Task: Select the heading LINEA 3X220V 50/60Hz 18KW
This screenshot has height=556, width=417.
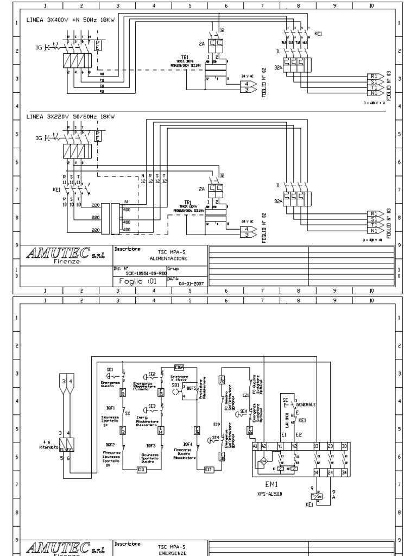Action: (x=71, y=116)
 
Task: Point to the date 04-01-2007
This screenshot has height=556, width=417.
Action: (x=189, y=283)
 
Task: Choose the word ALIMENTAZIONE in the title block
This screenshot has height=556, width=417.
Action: (x=172, y=260)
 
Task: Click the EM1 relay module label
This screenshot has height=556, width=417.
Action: (x=271, y=484)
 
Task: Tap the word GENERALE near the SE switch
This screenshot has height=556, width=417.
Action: (x=306, y=405)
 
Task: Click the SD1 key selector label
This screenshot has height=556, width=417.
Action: (x=175, y=385)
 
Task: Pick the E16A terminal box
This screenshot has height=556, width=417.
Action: (x=180, y=367)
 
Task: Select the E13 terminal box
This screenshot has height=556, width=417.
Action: (x=141, y=469)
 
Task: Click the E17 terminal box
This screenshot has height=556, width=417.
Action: (x=208, y=469)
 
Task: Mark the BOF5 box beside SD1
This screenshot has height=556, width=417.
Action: (x=191, y=388)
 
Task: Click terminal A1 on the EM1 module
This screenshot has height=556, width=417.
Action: (x=255, y=445)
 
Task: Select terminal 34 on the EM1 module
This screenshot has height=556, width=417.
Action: (x=344, y=472)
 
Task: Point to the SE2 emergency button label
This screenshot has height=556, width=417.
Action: (x=152, y=374)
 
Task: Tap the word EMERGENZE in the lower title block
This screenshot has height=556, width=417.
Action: (x=172, y=554)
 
